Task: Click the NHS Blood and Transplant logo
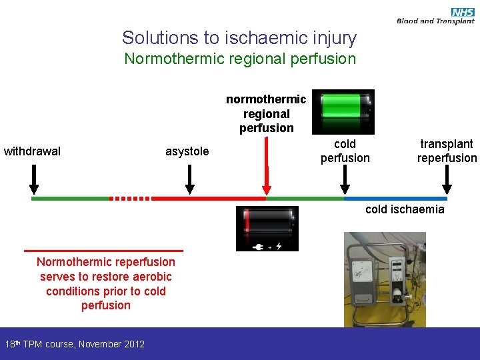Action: (435, 16)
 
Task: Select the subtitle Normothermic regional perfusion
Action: (240, 59)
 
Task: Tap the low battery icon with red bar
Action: (267, 228)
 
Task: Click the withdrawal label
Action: (32, 151)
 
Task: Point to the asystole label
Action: (187, 151)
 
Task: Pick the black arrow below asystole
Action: (189, 179)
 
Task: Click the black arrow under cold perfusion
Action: (345, 179)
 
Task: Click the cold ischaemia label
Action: (405, 209)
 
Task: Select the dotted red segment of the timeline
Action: (131, 198)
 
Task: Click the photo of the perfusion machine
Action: (385, 279)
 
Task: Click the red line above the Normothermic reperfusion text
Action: (103, 251)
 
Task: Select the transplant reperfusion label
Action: (447, 151)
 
